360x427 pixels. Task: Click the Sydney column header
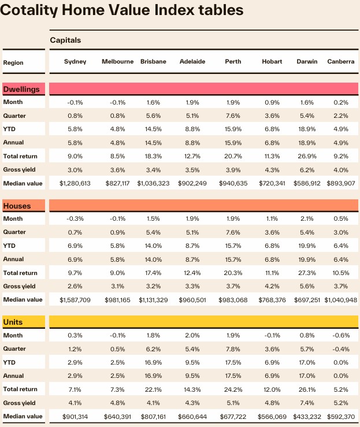tap(75, 62)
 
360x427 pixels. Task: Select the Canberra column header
tap(340, 62)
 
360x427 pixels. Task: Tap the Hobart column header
tap(272, 62)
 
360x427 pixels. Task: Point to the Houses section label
tap(17, 206)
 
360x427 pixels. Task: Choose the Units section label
tap(13, 322)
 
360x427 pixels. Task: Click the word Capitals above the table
tap(65, 40)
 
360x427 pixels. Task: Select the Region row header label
tap(13, 62)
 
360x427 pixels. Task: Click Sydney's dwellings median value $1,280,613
tap(75, 184)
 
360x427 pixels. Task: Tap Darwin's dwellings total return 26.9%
tap(306, 155)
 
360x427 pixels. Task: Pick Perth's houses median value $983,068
tap(238, 300)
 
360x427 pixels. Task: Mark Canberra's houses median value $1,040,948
tap(340, 300)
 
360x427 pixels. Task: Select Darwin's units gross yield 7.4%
tap(306, 402)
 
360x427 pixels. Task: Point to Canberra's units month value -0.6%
tap(340, 336)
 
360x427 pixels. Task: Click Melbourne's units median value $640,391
tap(118, 416)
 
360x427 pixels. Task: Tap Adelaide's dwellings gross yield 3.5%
tap(192, 170)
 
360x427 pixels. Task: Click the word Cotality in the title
tap(39, 10)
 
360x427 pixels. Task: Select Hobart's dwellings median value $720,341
tap(272, 184)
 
